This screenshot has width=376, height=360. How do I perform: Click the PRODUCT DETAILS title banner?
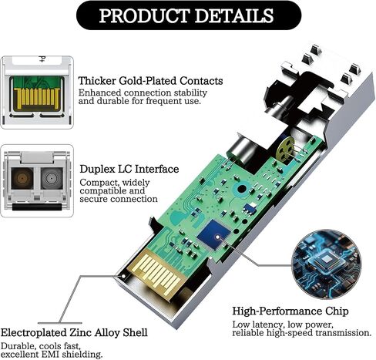(189, 15)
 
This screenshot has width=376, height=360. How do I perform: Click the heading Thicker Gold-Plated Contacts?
(150, 81)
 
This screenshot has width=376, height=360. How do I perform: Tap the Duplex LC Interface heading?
(129, 169)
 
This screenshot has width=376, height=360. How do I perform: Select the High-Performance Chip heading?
(290, 311)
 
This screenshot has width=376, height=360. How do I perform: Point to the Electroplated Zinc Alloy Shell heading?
(74, 332)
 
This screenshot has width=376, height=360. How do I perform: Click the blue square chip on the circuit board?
(213, 234)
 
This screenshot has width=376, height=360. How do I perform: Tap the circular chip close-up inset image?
(327, 264)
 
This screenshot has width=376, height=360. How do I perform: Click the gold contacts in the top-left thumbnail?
(38, 98)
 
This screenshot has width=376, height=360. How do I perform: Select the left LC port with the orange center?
(22, 178)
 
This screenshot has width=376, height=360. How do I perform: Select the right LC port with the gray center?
(52, 178)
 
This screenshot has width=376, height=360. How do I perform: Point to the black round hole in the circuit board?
(242, 189)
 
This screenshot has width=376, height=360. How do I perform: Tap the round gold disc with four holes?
(285, 150)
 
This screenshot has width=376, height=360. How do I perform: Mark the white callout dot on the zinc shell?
(123, 276)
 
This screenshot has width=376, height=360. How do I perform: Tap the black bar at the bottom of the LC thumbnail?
(37, 207)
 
